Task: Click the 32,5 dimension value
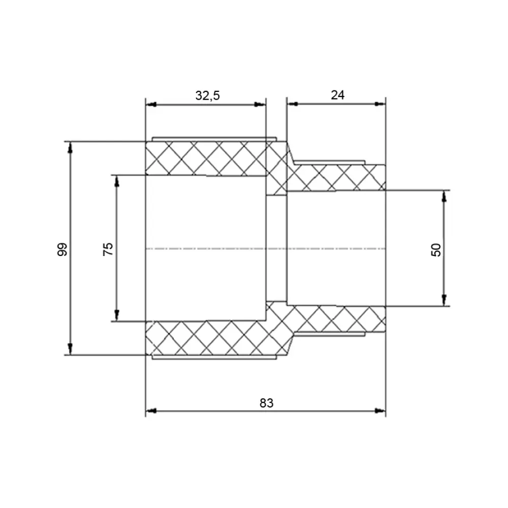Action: [x=207, y=96]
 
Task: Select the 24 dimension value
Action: [x=338, y=95]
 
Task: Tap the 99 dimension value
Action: [x=62, y=249]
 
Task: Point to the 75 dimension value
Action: [x=108, y=249]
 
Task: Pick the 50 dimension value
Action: [x=436, y=250]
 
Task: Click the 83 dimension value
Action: [x=266, y=403]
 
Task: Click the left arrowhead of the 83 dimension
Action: [x=151, y=411]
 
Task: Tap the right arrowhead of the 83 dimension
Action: [x=380, y=411]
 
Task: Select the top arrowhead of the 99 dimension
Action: [x=70, y=147]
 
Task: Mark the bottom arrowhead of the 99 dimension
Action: [x=70, y=350]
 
